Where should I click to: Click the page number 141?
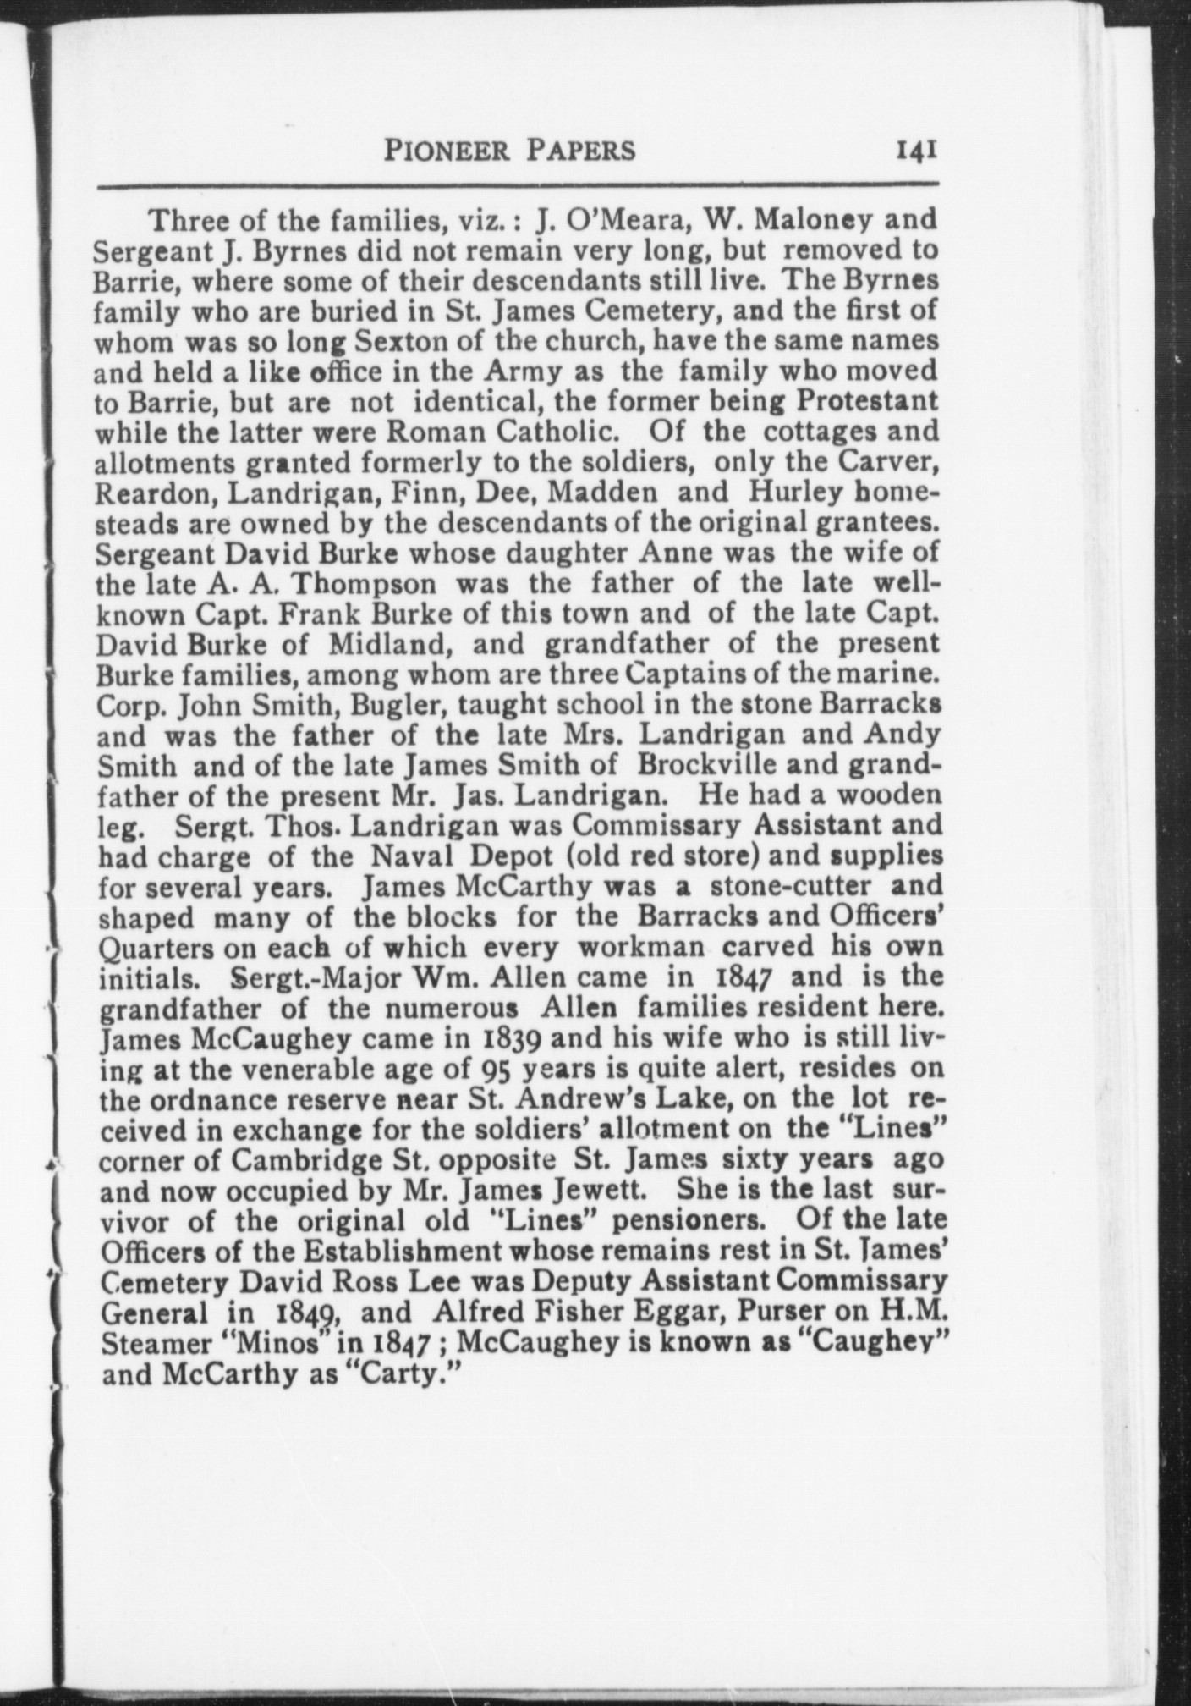click(911, 151)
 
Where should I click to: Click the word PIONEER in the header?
click(437, 151)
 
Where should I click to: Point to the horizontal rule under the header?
click(518, 185)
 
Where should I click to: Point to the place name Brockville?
click(714, 767)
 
